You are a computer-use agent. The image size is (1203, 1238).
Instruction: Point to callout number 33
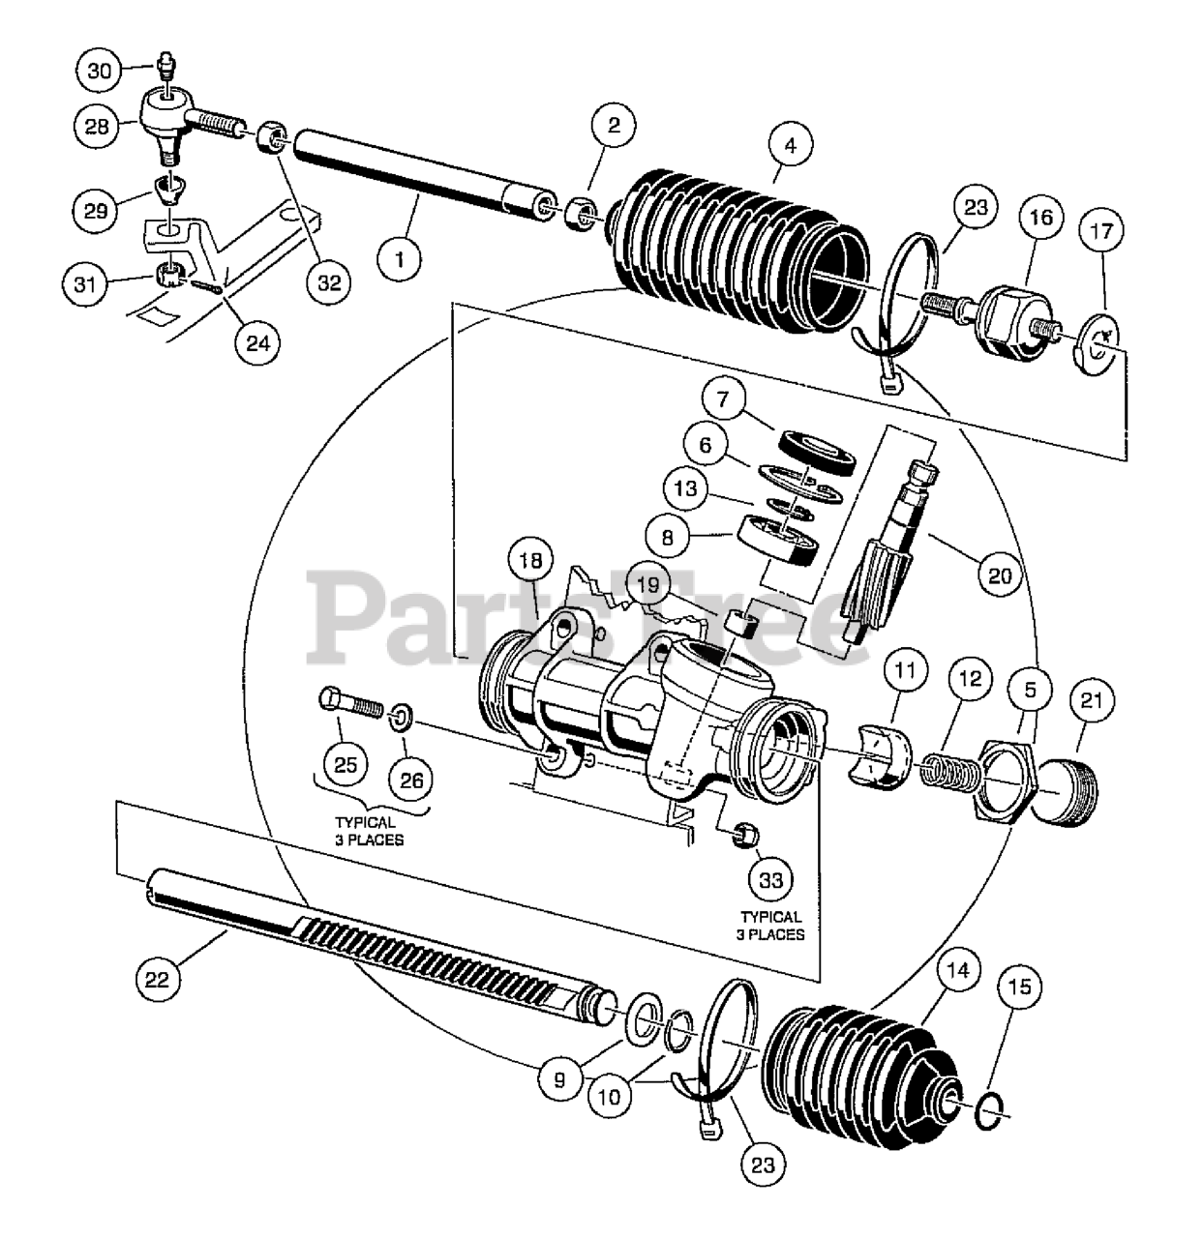point(771,879)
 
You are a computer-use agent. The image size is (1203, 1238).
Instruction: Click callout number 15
point(1025,987)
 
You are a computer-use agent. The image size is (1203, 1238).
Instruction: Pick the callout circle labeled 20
point(998,575)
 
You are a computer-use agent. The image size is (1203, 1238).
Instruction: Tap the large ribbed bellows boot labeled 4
point(736,242)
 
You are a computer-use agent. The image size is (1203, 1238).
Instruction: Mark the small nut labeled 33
point(746,834)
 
